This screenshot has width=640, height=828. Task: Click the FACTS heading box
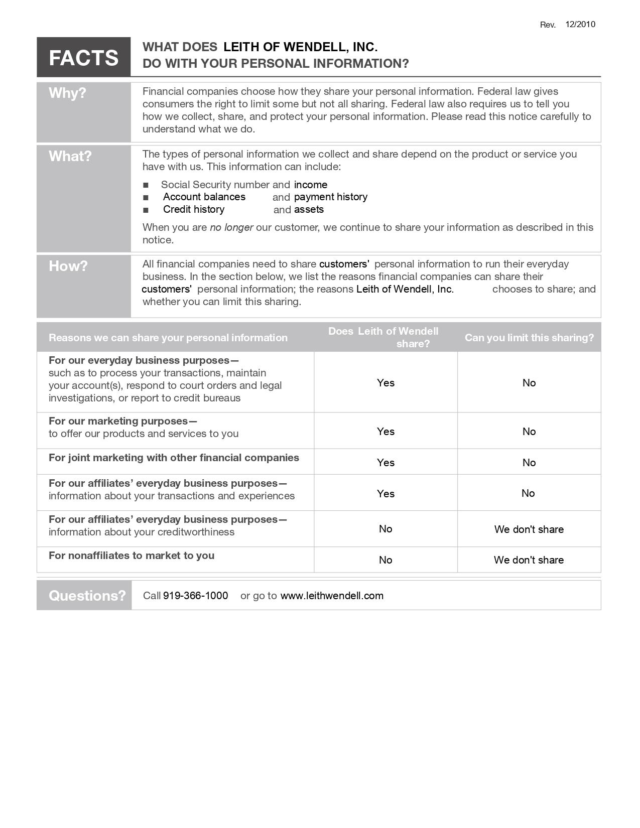83,57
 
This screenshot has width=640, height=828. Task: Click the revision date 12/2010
580,25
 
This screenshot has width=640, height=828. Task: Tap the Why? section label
67,93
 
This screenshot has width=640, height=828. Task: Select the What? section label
70,156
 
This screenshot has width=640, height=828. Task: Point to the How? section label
68,266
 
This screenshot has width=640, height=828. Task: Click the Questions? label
87,596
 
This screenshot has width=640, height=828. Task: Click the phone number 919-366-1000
195,596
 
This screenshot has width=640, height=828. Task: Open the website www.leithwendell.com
331,596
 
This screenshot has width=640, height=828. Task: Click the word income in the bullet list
310,185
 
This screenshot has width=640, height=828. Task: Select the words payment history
330,197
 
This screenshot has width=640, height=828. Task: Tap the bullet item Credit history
193,209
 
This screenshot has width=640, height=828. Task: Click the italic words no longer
231,227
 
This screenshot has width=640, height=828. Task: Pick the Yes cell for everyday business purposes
386,383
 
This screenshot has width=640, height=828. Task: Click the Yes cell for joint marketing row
386,463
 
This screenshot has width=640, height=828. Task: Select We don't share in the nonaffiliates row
529,560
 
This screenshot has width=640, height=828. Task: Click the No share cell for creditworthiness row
386,529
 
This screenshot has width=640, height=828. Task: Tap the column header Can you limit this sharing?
529,338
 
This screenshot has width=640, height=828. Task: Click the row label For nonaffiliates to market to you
132,556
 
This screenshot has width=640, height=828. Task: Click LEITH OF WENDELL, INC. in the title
300,47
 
